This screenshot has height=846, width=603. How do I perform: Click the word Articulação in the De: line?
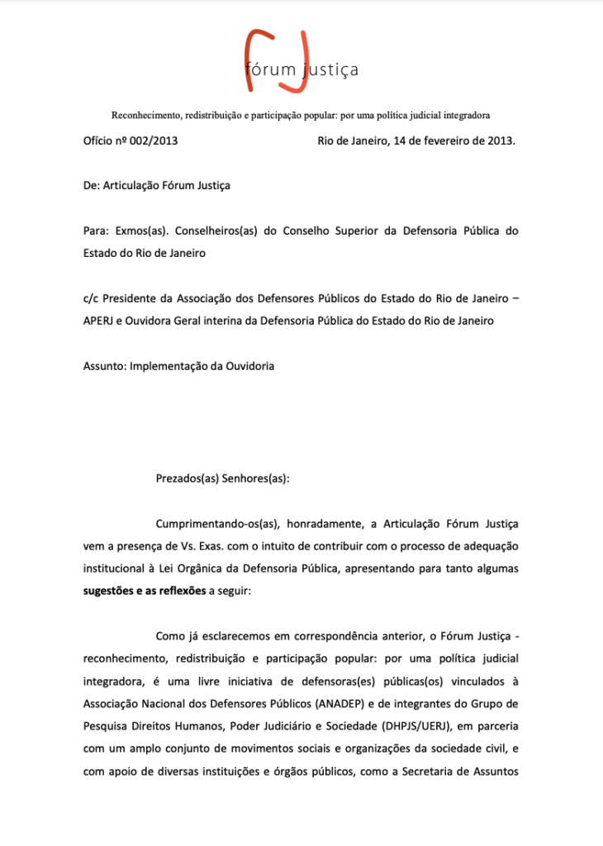point(132,186)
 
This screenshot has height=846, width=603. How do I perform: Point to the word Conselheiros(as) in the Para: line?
point(217,231)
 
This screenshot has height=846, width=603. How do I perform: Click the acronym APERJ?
point(101,321)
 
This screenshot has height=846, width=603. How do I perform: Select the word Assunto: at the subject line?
point(105,366)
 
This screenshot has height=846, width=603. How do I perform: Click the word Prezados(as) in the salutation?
point(187,478)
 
